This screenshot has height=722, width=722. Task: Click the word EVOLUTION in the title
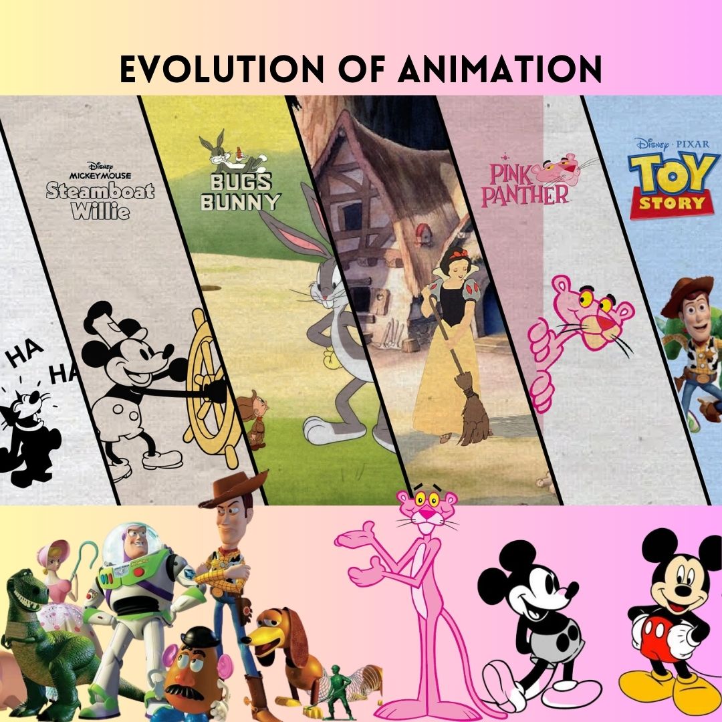222,69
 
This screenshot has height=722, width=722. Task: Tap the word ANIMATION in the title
500,69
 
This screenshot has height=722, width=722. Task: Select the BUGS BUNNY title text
241,192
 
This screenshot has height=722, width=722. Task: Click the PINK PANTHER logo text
524,185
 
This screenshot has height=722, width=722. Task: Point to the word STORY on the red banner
672,203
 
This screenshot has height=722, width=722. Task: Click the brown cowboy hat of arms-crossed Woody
234,489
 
